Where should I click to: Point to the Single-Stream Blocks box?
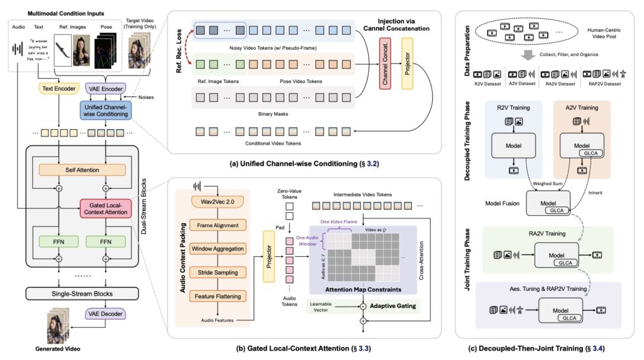tap(81, 294)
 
